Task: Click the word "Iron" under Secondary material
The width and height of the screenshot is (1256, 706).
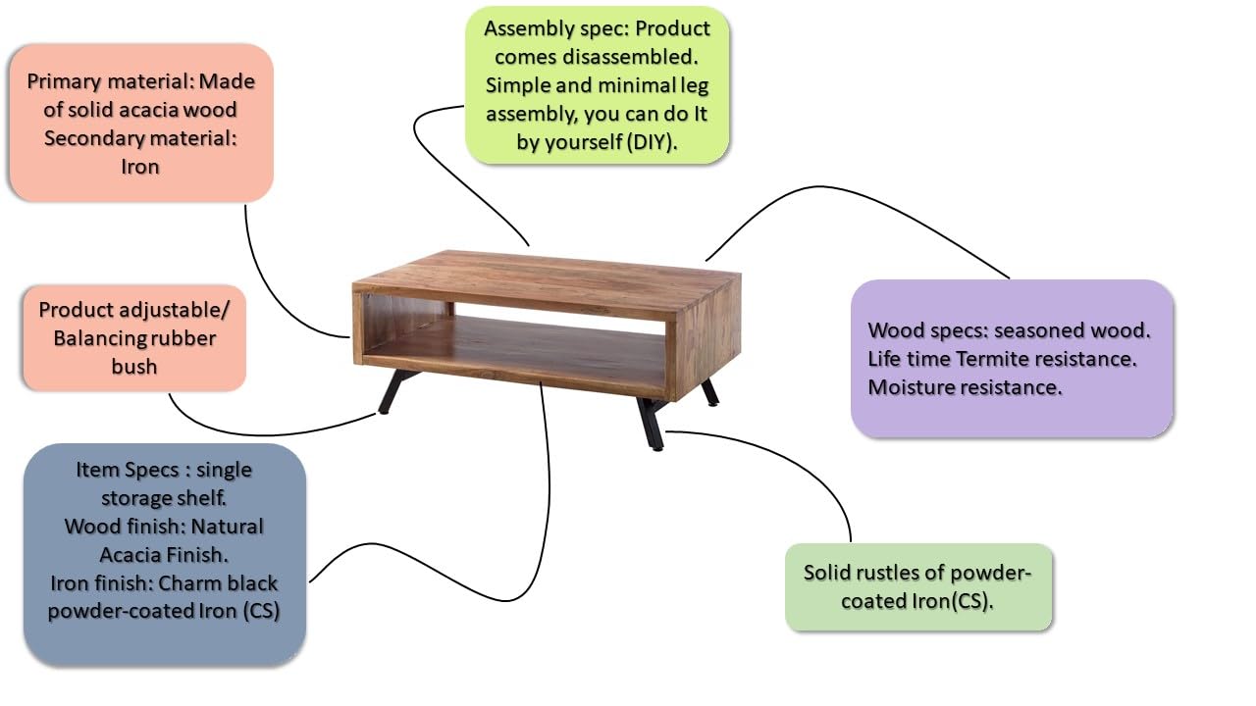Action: point(140,167)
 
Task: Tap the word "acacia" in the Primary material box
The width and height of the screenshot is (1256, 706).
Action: point(146,110)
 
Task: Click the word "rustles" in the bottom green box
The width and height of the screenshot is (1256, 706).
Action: point(901,573)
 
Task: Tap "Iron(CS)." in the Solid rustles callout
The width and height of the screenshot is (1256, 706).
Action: point(946,601)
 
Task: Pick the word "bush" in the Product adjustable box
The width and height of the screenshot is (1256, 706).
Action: point(133,367)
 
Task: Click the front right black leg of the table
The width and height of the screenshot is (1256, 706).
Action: point(650,424)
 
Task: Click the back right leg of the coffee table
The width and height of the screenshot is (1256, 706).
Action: point(708,392)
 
